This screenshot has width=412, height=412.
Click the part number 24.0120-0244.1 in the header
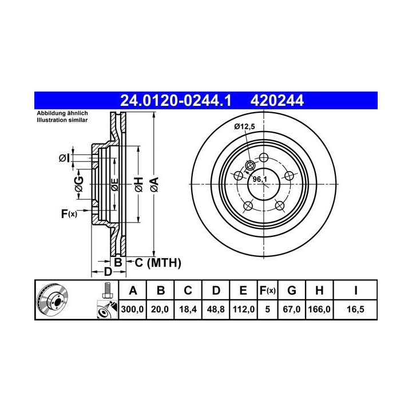[x=176, y=101]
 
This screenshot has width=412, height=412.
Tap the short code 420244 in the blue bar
[x=277, y=101]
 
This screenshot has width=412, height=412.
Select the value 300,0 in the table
[x=132, y=309]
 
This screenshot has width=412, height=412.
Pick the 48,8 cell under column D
[x=216, y=309]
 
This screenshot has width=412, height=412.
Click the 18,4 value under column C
[x=188, y=309]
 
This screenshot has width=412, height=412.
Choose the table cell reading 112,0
[x=244, y=309]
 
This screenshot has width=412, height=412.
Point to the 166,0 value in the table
[x=319, y=309]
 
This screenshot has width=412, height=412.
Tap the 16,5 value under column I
[x=355, y=309]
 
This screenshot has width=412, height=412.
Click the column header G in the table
[x=292, y=291]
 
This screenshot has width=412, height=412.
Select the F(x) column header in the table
[x=267, y=291]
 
